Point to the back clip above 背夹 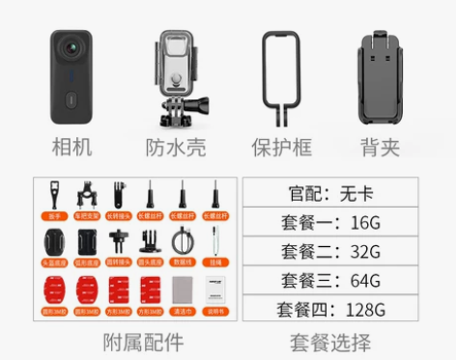pyautogui.click(x=385, y=77)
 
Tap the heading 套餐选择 pyautogui.click(x=332, y=342)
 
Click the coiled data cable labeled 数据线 pyautogui.click(x=181, y=242)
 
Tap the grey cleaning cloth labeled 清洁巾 pyautogui.click(x=181, y=290)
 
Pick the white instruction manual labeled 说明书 pyautogui.click(x=213, y=290)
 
